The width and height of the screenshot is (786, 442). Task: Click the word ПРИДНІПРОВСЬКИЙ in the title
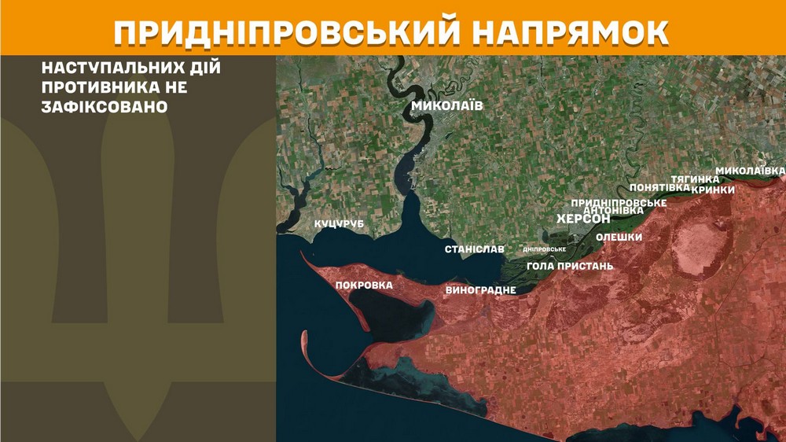tap(280, 30)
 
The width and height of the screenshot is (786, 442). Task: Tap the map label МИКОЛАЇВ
tap(446, 106)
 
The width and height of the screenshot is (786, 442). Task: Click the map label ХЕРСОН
tap(583, 219)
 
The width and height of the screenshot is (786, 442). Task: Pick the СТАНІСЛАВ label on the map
tap(475, 249)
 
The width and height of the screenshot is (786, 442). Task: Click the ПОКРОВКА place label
tap(364, 285)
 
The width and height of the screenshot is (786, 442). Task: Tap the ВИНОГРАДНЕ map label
tap(480, 290)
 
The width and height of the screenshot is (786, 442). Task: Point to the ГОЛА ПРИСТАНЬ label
tap(570, 266)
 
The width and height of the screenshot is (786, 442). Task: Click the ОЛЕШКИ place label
tap(619, 238)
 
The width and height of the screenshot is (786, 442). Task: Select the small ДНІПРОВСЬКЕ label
tap(545, 249)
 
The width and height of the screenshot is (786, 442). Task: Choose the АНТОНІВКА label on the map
tap(615, 210)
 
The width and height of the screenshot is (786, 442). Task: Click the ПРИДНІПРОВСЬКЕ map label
tap(619, 202)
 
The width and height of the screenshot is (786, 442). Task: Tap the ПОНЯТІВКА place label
tap(660, 188)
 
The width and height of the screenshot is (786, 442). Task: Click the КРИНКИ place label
tap(713, 190)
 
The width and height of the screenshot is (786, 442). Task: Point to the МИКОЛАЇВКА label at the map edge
tap(750, 171)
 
